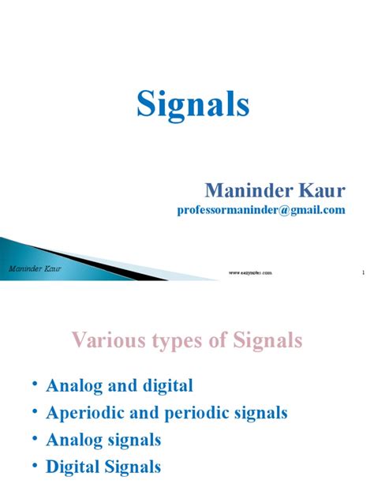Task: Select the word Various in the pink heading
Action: (107, 340)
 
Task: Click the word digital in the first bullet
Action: (166, 386)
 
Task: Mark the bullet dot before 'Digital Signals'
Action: (36, 464)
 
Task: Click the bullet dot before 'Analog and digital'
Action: (36, 384)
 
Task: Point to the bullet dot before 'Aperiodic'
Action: (36, 411)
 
